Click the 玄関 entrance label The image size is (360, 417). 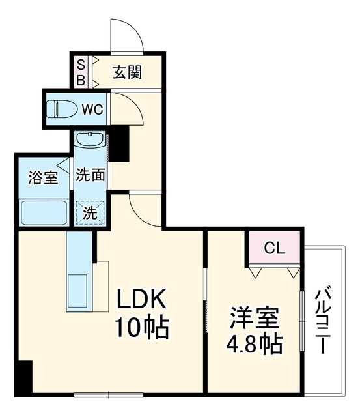point(127,72)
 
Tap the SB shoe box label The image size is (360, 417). point(81,72)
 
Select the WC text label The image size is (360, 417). point(92,109)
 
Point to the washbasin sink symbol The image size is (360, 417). point(90,139)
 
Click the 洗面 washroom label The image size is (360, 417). point(90,175)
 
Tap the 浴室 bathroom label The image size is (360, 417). point(43,177)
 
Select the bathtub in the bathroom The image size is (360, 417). point(44,212)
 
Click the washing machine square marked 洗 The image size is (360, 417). point(90,213)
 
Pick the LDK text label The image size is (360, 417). point(141,298)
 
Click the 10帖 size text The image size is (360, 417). point(142,328)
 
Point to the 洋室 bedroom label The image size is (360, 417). point(255,319)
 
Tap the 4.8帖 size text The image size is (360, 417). point(255,344)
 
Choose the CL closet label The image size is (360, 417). point(275,249)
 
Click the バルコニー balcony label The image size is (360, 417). point(324,319)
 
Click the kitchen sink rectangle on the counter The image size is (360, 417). point(77,291)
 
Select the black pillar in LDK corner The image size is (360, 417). point(23,377)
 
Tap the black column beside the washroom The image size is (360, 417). point(118,143)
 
